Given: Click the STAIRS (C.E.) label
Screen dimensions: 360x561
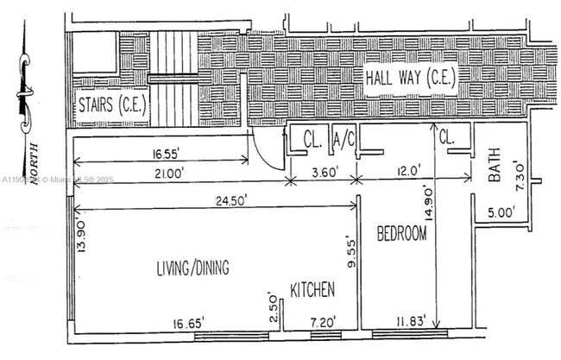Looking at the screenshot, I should (111, 107).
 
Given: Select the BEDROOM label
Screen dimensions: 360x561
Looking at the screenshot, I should (401, 233).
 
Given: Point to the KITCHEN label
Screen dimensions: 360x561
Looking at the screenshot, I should (312, 289).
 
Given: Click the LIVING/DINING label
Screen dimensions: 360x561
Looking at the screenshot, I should (192, 268).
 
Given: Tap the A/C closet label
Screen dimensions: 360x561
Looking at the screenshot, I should (344, 137).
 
